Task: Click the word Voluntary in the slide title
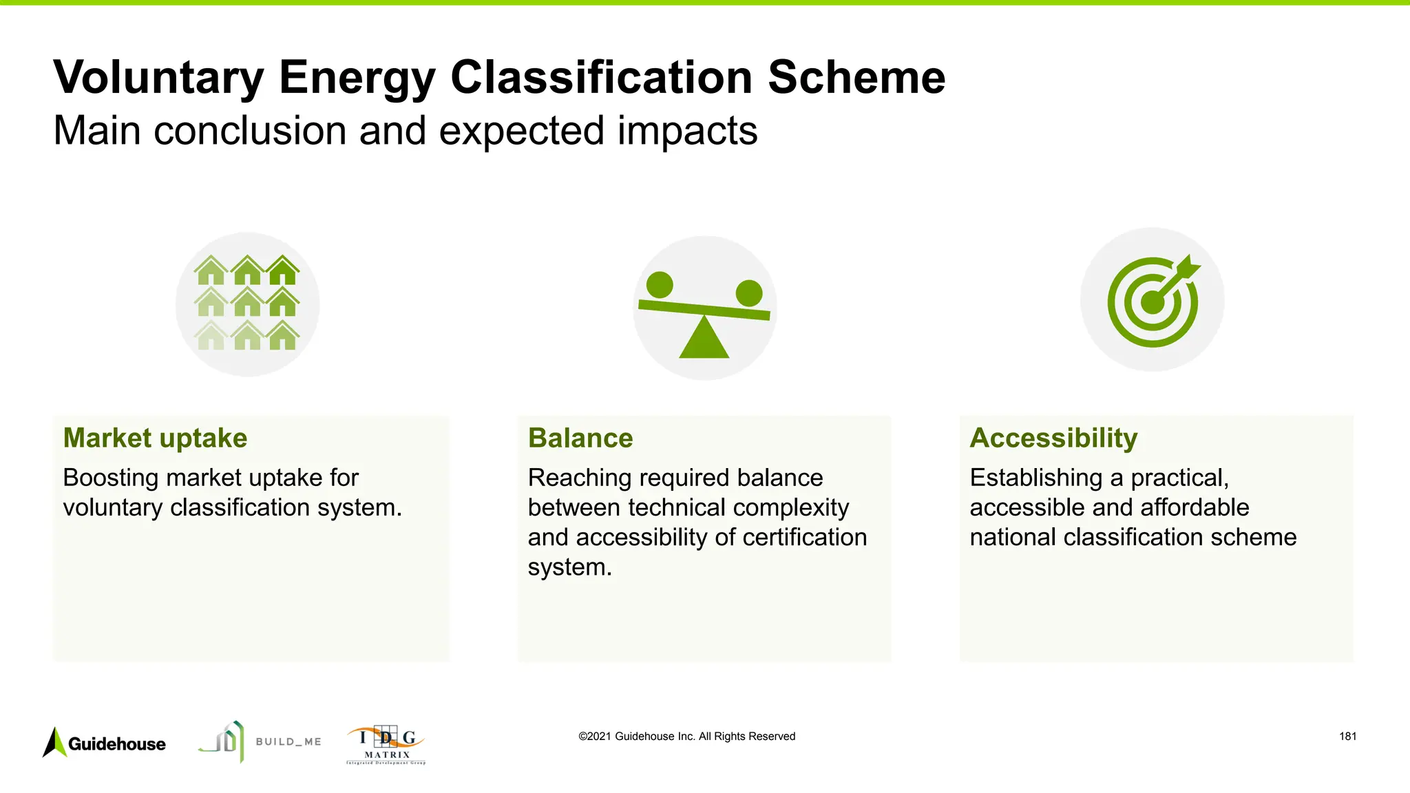158,77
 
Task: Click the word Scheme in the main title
856,77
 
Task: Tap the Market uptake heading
155,438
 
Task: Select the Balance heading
580,438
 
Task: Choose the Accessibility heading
1053,438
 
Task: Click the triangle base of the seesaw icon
704,340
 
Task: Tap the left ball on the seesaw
660,285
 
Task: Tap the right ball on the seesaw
749,293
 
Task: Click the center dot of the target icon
1151,302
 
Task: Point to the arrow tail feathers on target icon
1189,268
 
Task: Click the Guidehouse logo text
117,744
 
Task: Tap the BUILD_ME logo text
288,742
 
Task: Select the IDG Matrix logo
386,744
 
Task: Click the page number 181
1347,737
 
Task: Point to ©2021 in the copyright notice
595,737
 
